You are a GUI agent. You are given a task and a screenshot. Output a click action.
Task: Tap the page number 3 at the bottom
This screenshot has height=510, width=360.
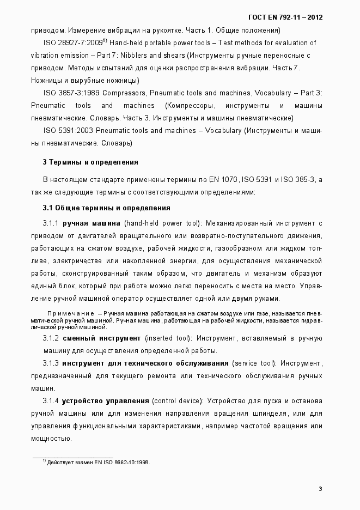[321, 488]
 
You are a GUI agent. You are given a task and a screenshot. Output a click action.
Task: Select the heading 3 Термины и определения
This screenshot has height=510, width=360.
[90, 162]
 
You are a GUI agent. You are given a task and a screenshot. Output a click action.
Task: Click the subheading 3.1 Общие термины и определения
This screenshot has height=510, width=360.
[107, 208]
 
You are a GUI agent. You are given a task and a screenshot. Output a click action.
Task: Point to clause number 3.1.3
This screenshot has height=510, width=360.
[51, 363]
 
